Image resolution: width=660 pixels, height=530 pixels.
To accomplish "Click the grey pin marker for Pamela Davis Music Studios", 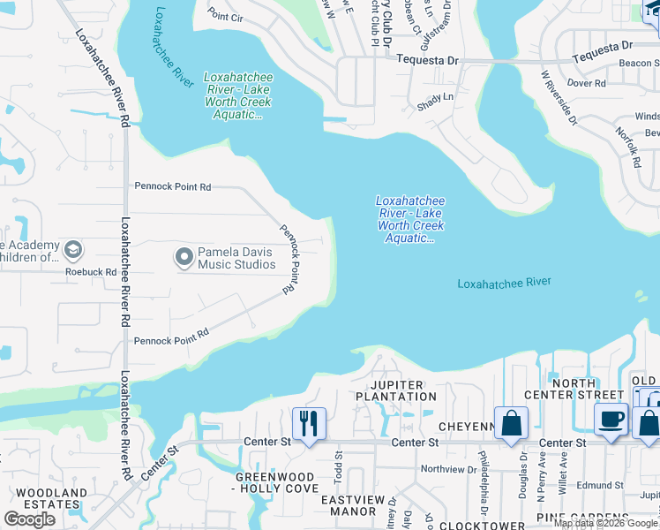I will pyautogui.click(x=184, y=257).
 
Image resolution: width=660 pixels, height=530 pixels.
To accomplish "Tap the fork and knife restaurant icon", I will pyautogui.click(x=309, y=423).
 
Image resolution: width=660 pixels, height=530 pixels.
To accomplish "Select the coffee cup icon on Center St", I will pyautogui.click(x=611, y=420).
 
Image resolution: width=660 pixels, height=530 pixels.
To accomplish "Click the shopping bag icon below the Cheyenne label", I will pyautogui.click(x=511, y=423).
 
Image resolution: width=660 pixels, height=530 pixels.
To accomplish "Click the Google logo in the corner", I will pyautogui.click(x=29, y=519).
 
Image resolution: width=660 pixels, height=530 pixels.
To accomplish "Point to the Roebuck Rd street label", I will pyautogui.click(x=91, y=273).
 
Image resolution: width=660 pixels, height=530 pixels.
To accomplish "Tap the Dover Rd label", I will pyautogui.click(x=586, y=83).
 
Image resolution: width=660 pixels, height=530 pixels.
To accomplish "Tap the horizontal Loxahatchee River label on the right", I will pyautogui.click(x=504, y=283).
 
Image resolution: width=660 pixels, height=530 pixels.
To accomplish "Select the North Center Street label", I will pyautogui.click(x=585, y=388).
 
